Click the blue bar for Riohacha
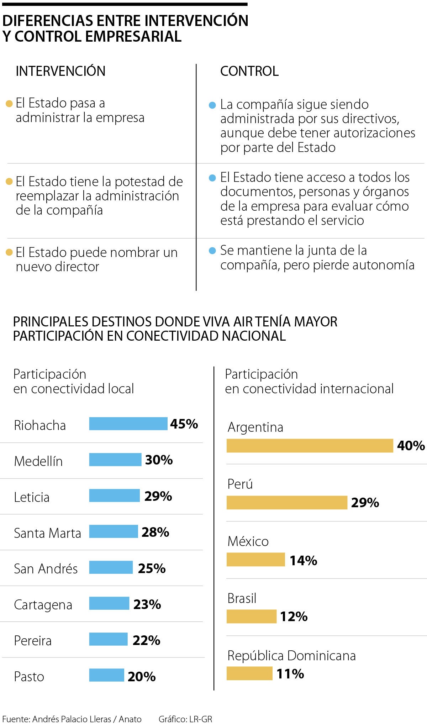[128, 424]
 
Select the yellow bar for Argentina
[310, 446]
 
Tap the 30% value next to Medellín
[159, 460]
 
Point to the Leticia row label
[32, 497]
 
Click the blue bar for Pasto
[106, 675]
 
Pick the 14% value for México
[303, 561]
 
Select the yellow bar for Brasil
[251, 617]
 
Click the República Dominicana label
[291, 656]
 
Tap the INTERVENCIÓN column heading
[60, 71]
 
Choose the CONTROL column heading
[249, 71]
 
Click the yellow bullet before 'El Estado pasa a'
[10, 104]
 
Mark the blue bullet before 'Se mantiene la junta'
[212, 251]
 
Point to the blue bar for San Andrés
[111, 567]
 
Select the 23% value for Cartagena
[147, 604]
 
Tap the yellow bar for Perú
[287, 503]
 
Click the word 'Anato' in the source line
[130, 719]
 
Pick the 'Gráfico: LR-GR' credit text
[185, 719]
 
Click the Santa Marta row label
[47, 533]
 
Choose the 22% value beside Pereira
[146, 640]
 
